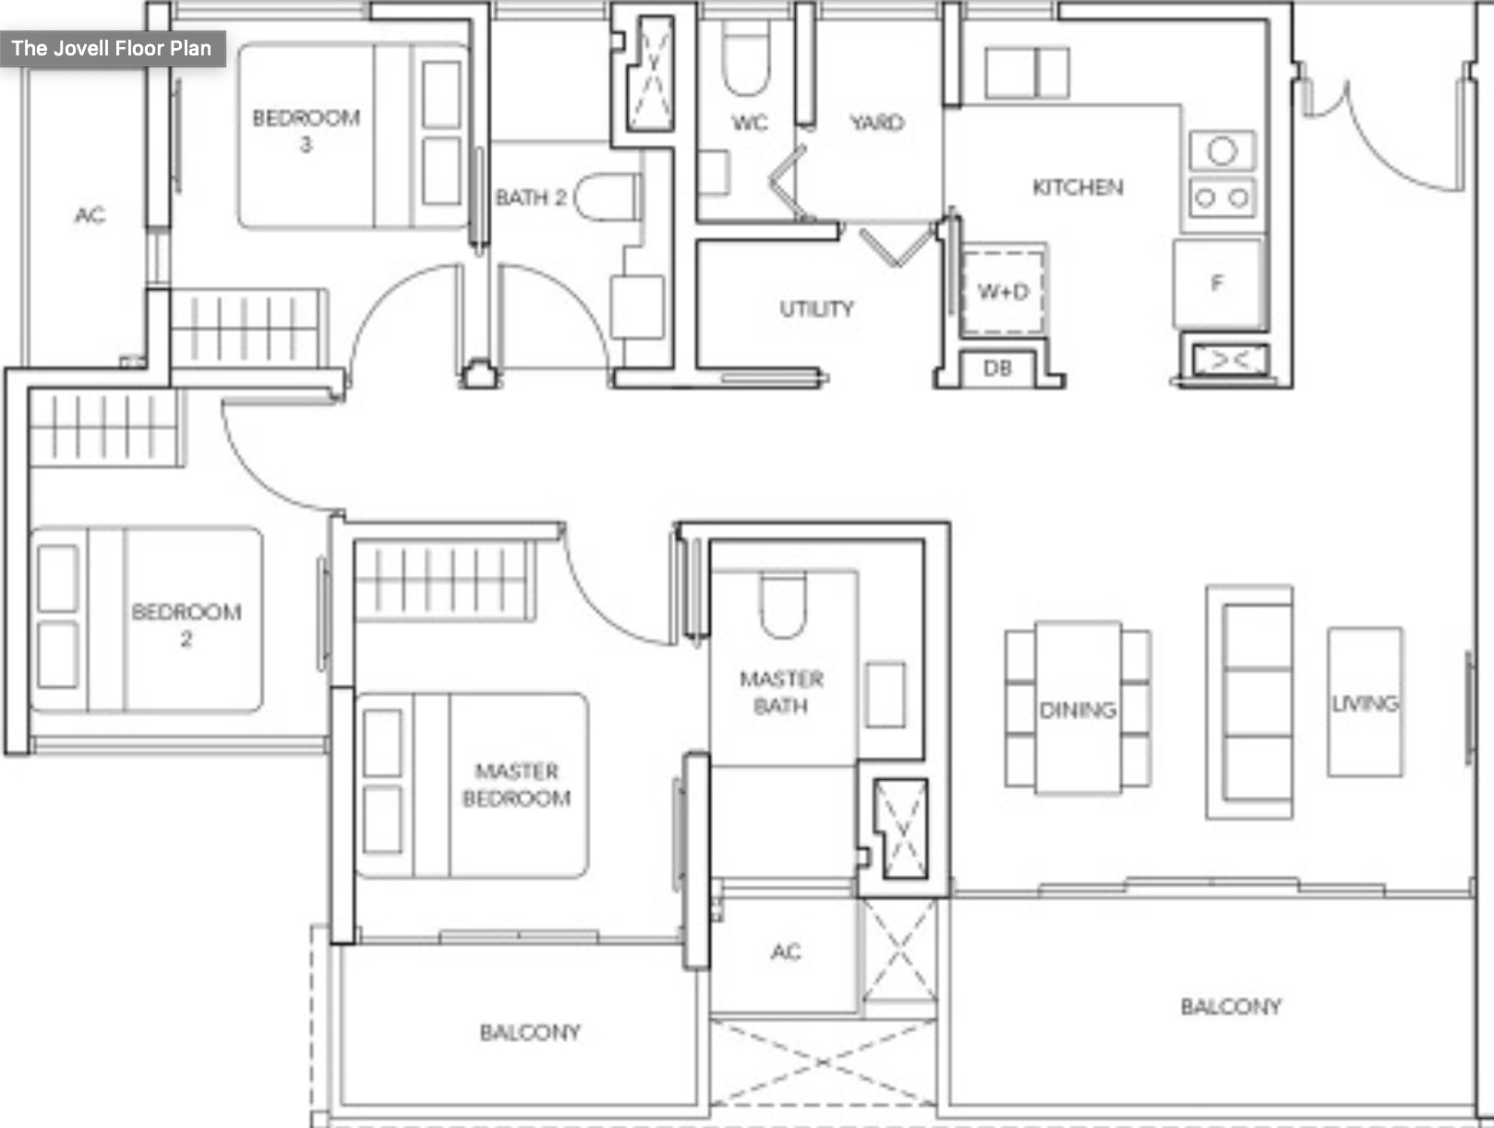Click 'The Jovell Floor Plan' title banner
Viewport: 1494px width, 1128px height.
(x=112, y=48)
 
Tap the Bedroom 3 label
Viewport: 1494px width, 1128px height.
(x=306, y=130)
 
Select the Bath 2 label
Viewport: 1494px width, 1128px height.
(x=531, y=198)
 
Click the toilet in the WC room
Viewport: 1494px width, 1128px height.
(x=746, y=60)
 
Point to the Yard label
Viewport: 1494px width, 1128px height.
(x=876, y=123)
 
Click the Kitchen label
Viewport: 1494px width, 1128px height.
(x=1078, y=187)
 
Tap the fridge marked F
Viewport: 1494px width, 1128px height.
(x=1217, y=283)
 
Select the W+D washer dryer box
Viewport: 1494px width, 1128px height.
(x=1003, y=292)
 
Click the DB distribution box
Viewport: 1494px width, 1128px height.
(x=997, y=368)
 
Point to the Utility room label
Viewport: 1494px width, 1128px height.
(x=816, y=308)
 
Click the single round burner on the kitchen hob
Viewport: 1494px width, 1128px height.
(x=1222, y=150)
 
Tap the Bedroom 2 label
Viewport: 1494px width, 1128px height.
(x=187, y=624)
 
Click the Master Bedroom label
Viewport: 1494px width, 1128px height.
(x=516, y=784)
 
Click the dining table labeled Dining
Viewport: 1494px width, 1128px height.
(x=1078, y=709)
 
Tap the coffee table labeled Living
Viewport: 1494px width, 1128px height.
(x=1365, y=703)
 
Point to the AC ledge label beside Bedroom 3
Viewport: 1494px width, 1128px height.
(x=90, y=215)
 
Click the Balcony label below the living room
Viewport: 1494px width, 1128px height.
(x=1231, y=1006)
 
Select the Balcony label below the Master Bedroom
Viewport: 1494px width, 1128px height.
(x=530, y=1032)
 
